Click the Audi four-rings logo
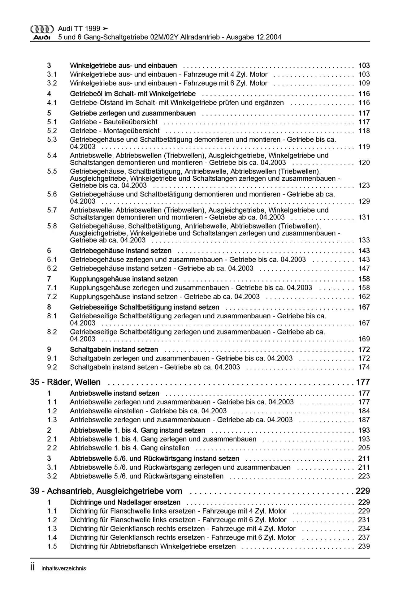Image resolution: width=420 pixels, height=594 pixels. [42, 29]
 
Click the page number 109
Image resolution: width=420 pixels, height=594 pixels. [364, 83]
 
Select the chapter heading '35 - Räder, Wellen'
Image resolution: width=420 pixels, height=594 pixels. [65, 382]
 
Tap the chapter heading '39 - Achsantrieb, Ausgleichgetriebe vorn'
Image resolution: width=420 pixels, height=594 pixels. [106, 491]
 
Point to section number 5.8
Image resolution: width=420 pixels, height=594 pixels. [52, 226]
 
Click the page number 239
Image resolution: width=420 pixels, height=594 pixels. [364, 546]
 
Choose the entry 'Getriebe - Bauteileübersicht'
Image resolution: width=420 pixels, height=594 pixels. [114, 122]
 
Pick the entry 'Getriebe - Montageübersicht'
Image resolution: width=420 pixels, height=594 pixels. [115, 131]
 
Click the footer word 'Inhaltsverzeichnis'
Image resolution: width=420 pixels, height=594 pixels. [63, 568]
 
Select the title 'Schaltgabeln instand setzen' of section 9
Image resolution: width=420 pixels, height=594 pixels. [114, 350]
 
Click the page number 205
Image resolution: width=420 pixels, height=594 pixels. [364, 448]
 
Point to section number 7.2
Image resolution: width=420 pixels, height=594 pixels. [52, 297]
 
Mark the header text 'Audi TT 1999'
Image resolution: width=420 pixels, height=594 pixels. [79, 29]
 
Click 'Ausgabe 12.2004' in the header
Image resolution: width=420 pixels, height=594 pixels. [254, 37]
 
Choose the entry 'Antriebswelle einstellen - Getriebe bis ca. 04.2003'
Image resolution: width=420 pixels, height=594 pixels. [148, 411]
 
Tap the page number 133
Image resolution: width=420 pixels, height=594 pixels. [364, 240]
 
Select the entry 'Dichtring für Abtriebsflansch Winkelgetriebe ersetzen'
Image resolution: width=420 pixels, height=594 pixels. [153, 546]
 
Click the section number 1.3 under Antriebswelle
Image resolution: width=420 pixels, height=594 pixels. [52, 420]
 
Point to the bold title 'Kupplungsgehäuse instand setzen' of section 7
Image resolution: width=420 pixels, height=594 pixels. [124, 279]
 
